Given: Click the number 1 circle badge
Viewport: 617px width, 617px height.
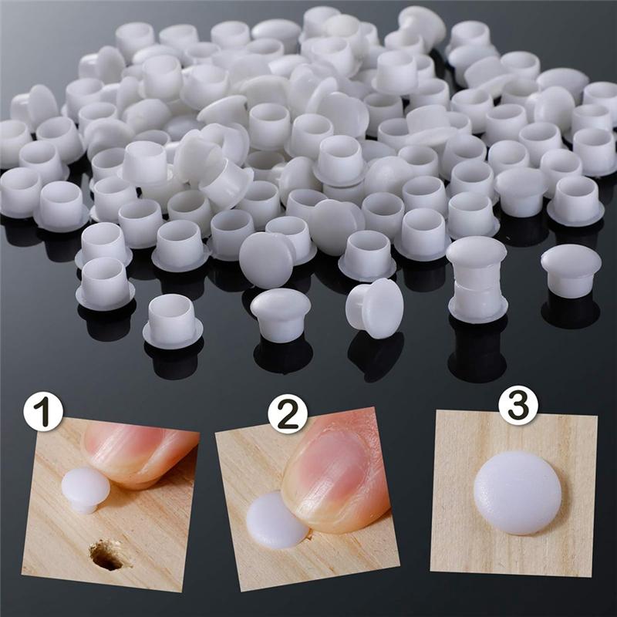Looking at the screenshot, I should point(42,413).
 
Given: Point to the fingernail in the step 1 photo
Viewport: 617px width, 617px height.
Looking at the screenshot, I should point(127,445).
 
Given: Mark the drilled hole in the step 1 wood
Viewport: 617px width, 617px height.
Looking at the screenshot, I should point(106,555).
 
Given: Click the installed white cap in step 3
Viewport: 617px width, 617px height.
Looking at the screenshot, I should point(518,493).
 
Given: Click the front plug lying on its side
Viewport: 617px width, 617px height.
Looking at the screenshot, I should point(376,307).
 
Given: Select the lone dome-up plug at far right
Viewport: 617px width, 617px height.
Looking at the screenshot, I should point(571,270).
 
